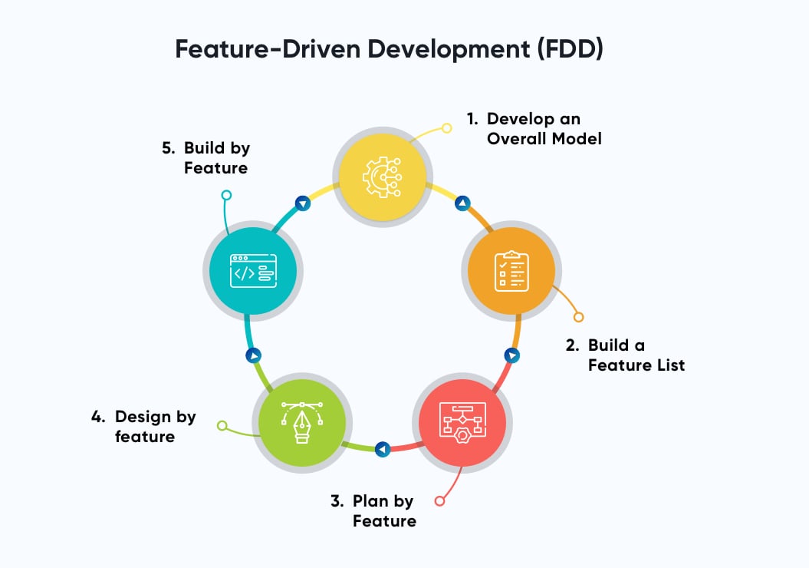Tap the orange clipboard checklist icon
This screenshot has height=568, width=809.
tap(511, 270)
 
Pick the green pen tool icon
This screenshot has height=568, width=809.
tap(302, 421)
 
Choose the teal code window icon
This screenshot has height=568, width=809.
tap(253, 270)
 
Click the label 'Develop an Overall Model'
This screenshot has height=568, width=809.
tap(534, 129)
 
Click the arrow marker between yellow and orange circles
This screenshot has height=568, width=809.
tap(462, 203)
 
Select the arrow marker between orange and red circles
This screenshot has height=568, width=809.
tap(511, 355)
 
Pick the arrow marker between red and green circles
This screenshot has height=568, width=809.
tap(383, 448)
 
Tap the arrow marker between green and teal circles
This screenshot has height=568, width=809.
tap(253, 355)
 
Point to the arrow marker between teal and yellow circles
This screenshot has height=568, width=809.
tap(303, 203)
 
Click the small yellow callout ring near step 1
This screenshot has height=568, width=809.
tap(447, 128)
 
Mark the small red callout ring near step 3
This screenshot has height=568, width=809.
tap(439, 501)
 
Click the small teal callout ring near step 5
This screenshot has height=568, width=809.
tap(226, 195)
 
